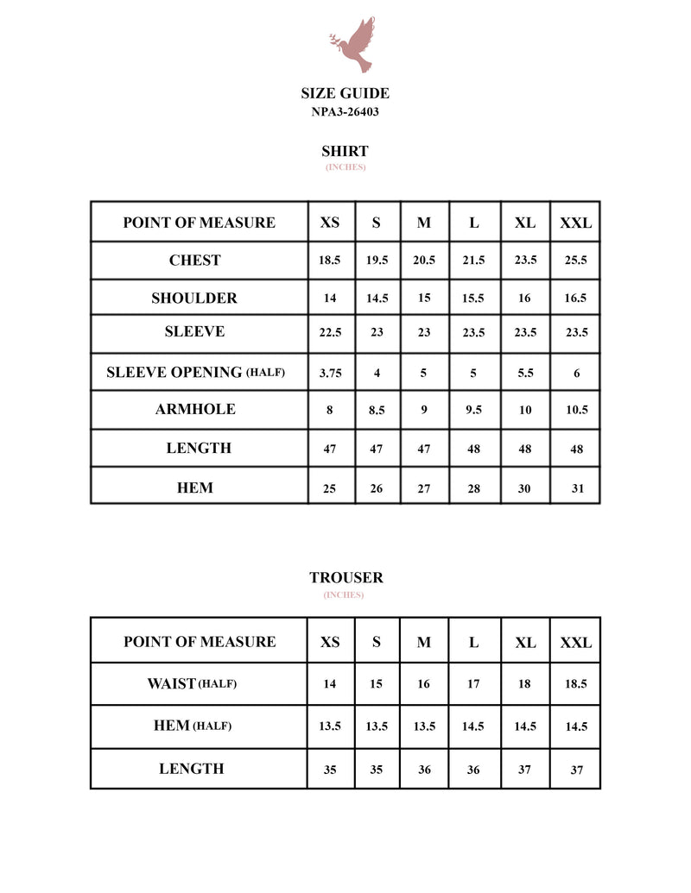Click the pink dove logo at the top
(x=353, y=45)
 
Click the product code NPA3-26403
(x=345, y=112)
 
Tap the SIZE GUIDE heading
(x=345, y=93)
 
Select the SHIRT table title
(x=345, y=151)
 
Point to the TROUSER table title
(x=345, y=578)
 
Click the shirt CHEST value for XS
(x=330, y=261)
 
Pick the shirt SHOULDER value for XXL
(x=576, y=299)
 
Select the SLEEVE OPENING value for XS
(x=330, y=374)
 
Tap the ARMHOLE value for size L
(x=473, y=411)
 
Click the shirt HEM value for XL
(x=525, y=488)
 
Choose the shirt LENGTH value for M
(x=424, y=450)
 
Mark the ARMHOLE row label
(x=195, y=410)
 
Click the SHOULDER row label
(x=194, y=299)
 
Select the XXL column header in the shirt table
(x=576, y=223)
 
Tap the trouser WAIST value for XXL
(x=576, y=684)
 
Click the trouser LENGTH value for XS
(x=330, y=770)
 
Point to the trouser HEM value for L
(x=473, y=726)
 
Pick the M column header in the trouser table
(x=424, y=643)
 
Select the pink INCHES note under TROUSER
(x=344, y=595)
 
